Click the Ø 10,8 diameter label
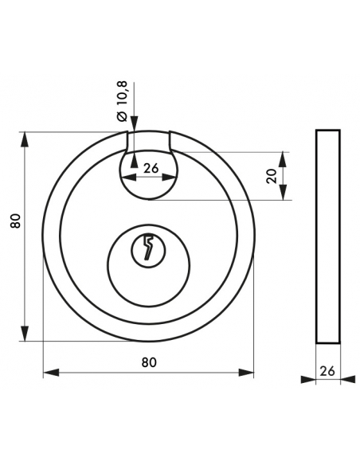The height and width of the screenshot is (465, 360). (123, 101)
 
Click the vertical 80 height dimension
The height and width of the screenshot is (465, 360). (15, 221)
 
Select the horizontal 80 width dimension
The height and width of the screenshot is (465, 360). (149, 362)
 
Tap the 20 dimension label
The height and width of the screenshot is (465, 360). (272, 176)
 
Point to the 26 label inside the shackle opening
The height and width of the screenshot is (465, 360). (151, 168)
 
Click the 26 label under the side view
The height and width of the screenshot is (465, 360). (327, 371)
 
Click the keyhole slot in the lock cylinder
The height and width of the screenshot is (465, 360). (148, 248)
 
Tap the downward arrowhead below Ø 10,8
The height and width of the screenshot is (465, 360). (135, 123)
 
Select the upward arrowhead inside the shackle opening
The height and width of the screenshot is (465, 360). (135, 160)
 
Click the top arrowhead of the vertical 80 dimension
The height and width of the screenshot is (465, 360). (25, 139)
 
